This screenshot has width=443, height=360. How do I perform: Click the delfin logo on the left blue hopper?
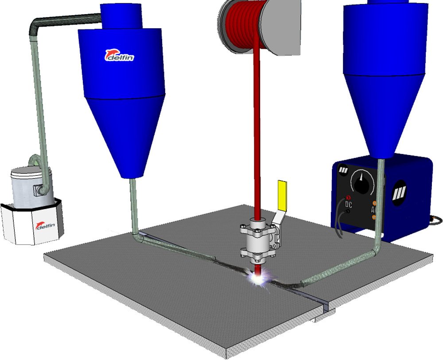tap(119, 55)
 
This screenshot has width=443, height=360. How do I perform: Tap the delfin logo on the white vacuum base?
tap(45, 225)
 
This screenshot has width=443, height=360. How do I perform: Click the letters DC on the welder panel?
tap(349, 204)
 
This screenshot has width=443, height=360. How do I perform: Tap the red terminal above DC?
tap(348, 197)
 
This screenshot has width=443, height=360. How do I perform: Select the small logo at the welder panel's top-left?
tap(343, 170)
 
